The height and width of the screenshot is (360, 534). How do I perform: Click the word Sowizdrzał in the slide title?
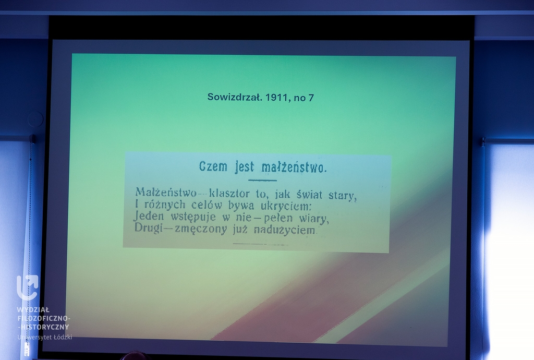click(x=235, y=98)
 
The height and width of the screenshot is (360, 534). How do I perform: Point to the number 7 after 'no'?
click(x=311, y=98)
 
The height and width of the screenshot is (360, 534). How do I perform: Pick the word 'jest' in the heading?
click(x=245, y=167)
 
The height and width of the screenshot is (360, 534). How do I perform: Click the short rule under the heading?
click(x=262, y=180)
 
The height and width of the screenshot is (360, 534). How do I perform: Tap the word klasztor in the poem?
click(x=229, y=194)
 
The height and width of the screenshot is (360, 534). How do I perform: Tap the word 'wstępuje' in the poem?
click(x=193, y=217)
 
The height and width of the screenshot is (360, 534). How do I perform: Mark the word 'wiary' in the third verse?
click(x=314, y=218)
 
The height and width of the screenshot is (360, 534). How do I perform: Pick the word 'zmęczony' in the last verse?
click(x=201, y=229)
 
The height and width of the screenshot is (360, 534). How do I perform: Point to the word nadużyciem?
click(x=285, y=230)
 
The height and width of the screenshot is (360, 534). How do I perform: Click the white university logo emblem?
click(x=28, y=287)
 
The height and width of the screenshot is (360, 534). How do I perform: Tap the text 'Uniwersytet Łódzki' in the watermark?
click(x=45, y=337)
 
